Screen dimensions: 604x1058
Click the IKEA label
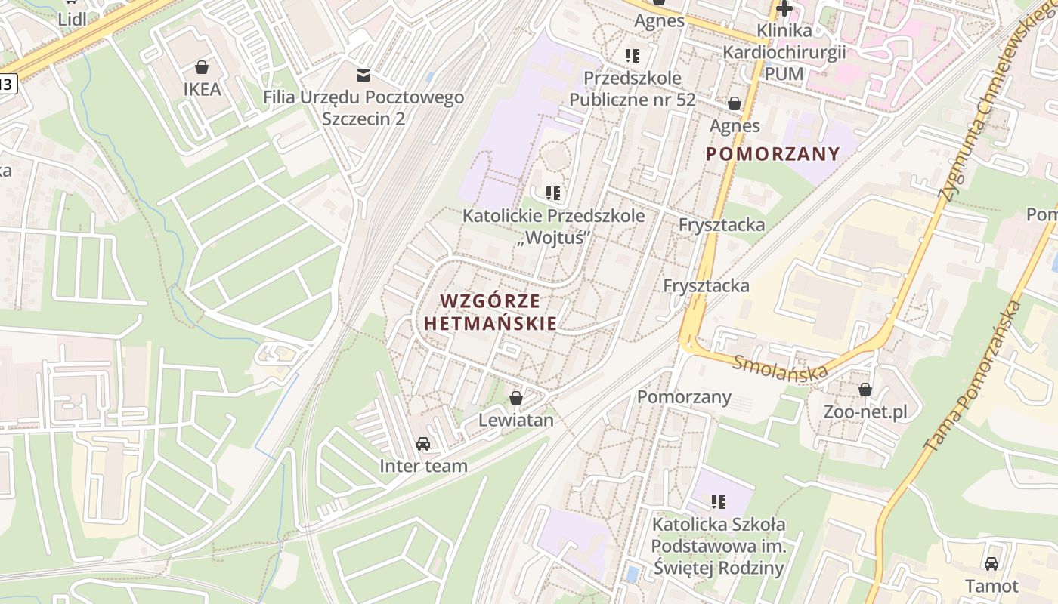(x=202, y=89)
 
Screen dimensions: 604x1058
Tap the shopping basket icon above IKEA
(x=202, y=67)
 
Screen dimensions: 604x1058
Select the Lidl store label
(x=72, y=19)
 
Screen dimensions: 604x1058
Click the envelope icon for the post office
(x=363, y=75)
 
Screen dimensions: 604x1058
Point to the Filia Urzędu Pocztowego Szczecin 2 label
(x=363, y=108)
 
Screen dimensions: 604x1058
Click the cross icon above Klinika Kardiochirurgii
(x=784, y=9)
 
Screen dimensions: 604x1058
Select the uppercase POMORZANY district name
(x=772, y=154)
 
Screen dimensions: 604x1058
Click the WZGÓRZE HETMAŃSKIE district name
(x=490, y=312)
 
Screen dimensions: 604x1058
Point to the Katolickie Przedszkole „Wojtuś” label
(x=554, y=226)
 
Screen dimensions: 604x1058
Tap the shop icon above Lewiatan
(x=516, y=398)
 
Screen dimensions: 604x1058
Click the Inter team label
(x=423, y=466)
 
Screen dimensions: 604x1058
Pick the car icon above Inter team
(x=423, y=444)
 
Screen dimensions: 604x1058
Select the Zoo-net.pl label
(x=865, y=412)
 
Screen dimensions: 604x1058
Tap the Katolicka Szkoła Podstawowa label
(x=719, y=546)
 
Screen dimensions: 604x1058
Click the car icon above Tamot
(x=991, y=564)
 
